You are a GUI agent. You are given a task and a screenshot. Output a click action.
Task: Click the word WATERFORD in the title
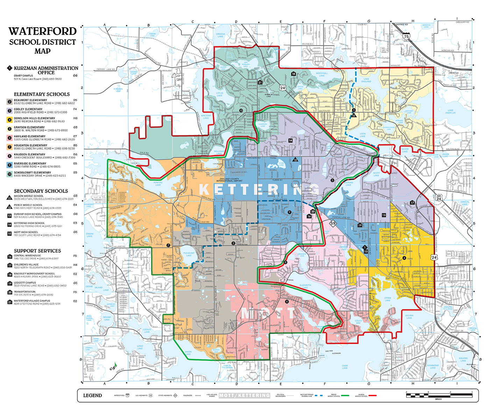[43, 31]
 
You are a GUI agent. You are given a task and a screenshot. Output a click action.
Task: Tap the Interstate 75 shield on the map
[406, 36]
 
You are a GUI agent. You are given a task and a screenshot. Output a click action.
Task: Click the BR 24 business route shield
[439, 198]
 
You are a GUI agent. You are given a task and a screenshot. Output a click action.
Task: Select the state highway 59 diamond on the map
[333, 223]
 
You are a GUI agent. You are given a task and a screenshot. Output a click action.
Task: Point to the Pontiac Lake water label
[158, 184]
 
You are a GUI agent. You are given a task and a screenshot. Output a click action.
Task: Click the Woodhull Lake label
[322, 74]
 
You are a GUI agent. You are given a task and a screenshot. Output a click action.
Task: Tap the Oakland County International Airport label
[229, 180]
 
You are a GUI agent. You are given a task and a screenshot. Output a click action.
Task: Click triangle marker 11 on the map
[354, 115]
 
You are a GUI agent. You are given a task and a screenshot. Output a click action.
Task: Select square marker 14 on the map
[290, 140]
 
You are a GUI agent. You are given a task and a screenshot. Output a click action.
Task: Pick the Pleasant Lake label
[189, 254]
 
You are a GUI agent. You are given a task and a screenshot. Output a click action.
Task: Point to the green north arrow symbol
[113, 367]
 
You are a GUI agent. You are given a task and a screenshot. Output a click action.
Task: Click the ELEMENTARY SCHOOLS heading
[42, 94]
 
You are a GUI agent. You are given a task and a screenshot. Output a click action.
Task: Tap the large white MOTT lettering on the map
[268, 314]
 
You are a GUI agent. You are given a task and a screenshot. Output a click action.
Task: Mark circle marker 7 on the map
[168, 245]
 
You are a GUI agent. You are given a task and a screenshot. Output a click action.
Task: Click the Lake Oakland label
[366, 80]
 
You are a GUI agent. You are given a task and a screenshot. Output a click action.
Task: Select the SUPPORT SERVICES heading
[37, 251]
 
